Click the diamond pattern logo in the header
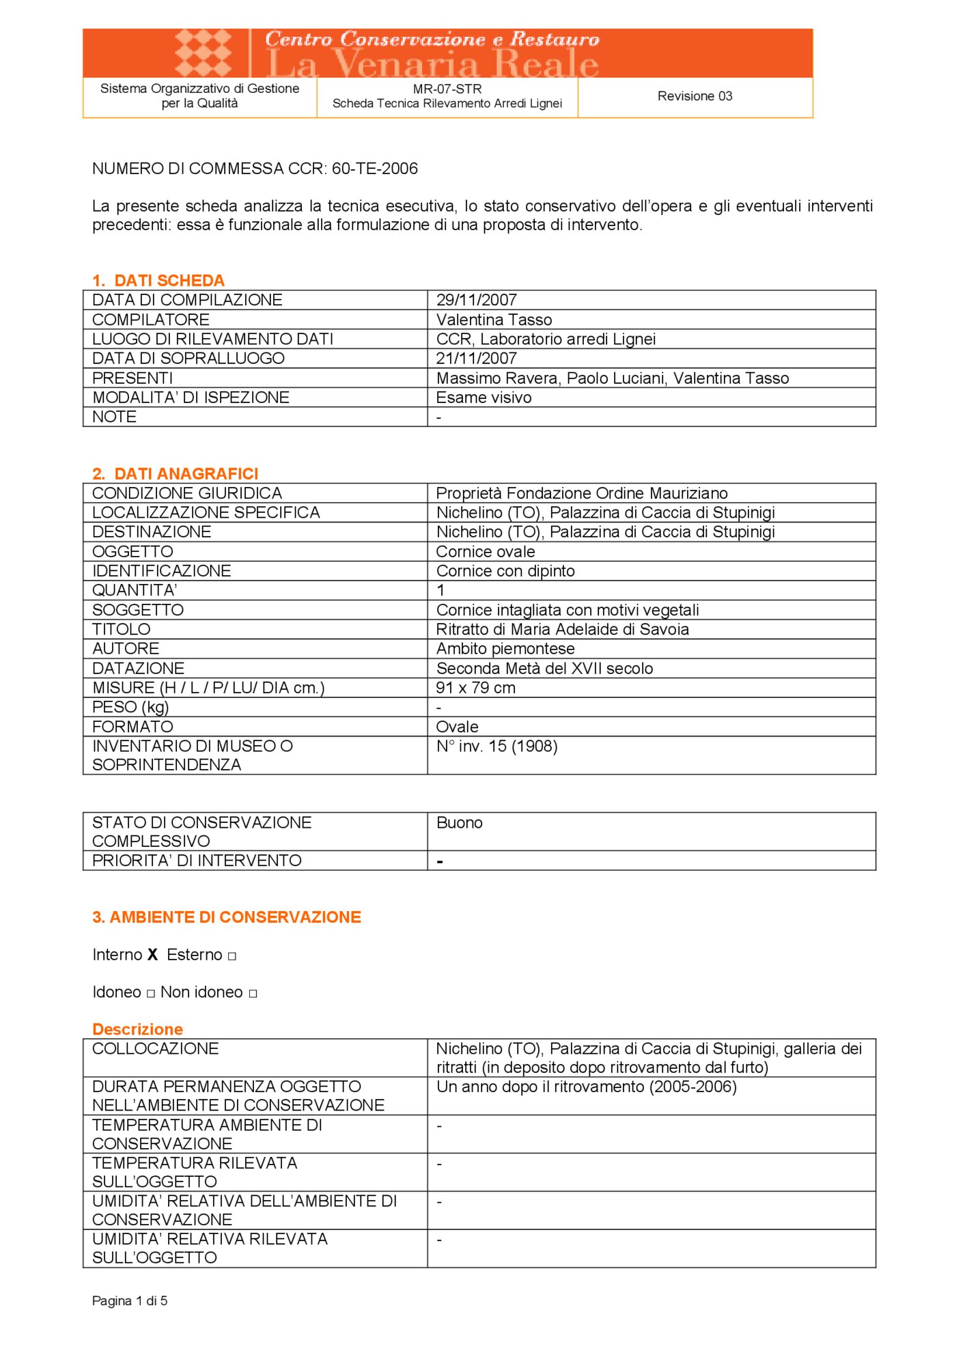(204, 53)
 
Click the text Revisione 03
(695, 96)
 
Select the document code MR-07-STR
(447, 89)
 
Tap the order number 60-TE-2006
(375, 169)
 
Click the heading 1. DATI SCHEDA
(158, 281)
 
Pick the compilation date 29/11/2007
(477, 300)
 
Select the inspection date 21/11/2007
(477, 359)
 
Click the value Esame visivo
(484, 398)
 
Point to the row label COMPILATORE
(151, 320)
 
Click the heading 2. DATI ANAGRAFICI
(176, 474)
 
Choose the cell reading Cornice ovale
(486, 552)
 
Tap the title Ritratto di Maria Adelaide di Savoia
(563, 630)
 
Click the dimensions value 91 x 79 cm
(476, 688)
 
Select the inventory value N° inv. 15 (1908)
(497, 747)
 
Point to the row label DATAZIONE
(139, 669)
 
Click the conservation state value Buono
(460, 823)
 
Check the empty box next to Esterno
(232, 956)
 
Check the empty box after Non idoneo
(253, 994)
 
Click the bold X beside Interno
(153, 955)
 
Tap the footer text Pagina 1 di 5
(130, 1301)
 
